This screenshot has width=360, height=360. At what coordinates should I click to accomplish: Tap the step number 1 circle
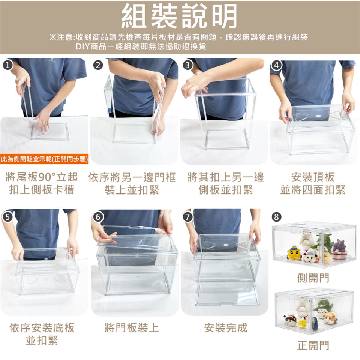pos(8,65)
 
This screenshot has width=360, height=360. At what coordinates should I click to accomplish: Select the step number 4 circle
pos(276,65)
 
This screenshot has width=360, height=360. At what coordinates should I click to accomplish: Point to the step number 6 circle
pos(98,217)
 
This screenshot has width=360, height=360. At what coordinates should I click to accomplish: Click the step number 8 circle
pos(276,217)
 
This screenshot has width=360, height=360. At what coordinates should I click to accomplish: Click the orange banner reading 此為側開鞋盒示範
pos(44,159)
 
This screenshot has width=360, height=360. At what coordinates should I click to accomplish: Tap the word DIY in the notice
pos(82,47)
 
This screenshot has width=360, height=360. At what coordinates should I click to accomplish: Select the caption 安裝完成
pos(225,328)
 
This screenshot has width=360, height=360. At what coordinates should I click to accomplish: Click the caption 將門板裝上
pos(132,328)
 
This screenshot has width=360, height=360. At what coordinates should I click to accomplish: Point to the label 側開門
pos(313,278)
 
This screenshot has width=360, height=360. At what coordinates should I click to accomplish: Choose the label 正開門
pos(313,345)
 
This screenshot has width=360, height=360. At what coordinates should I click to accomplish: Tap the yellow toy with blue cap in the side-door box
pos(294,253)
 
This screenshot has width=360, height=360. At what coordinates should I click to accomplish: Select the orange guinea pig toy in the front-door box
pos(330,318)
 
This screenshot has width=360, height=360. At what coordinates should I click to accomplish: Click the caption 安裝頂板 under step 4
pos(313,177)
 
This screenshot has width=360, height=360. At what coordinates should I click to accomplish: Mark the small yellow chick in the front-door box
pos(301,324)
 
